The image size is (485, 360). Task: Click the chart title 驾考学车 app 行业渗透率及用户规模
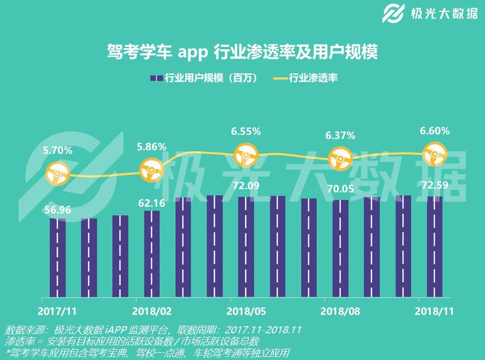coord(242,52)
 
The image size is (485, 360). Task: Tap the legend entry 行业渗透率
coord(306,78)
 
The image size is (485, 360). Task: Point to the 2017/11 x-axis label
coord(57,311)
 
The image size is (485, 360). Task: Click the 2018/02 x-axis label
coord(151,311)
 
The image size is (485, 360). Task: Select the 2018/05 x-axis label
coord(246,311)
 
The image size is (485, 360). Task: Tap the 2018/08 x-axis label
coord(340,311)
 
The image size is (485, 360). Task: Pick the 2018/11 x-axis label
coord(434,311)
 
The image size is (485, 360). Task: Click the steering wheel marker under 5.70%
coord(57,173)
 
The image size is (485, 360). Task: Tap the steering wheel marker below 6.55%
coord(246,154)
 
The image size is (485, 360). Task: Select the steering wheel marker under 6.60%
coord(434,153)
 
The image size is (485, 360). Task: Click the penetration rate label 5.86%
coord(151,147)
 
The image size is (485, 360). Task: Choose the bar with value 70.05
coord(340,248)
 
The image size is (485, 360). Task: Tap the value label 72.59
coord(434,184)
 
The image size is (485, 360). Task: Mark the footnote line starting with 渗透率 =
coord(132,341)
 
